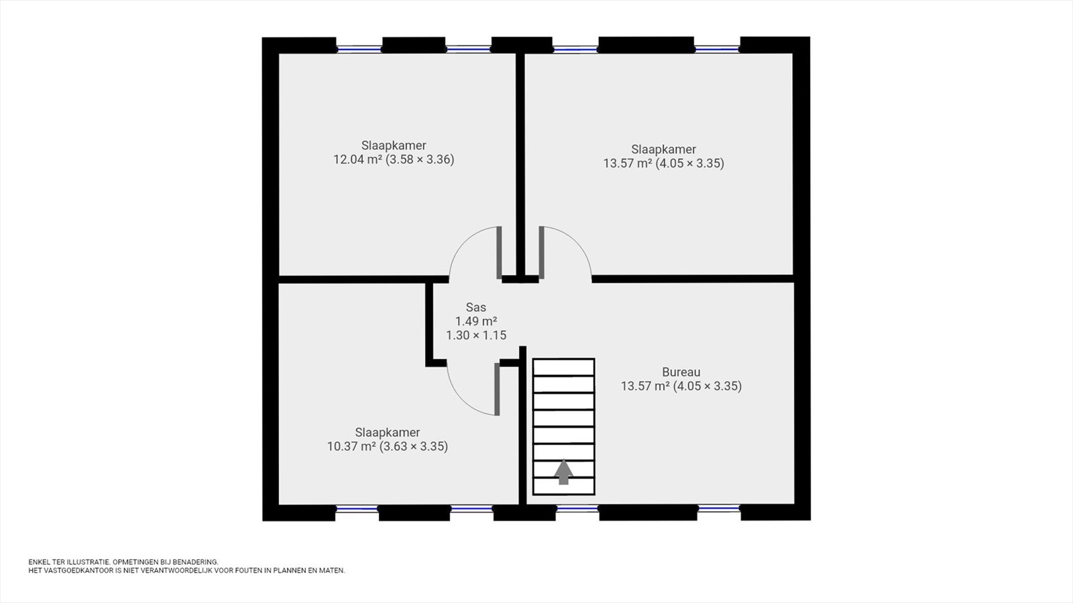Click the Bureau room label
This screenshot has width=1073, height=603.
[x=681, y=372]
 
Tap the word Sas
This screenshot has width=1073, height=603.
[x=476, y=308]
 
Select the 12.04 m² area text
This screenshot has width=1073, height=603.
[x=357, y=159]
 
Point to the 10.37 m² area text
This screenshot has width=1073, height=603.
[x=351, y=446]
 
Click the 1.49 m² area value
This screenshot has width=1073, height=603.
[x=476, y=321]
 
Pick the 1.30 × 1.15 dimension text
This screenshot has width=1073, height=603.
[x=476, y=335]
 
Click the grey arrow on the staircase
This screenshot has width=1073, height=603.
[x=564, y=472]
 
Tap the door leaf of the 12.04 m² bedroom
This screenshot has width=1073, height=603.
[x=499, y=252]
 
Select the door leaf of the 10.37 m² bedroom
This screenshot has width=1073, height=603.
[x=497, y=389]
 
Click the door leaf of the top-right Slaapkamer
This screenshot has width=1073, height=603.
[x=541, y=252]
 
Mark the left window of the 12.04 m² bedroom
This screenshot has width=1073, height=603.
[x=359, y=48]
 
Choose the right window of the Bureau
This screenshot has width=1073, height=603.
[x=719, y=509]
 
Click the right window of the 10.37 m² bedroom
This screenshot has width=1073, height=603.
[x=472, y=509]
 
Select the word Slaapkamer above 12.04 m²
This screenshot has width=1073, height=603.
[x=394, y=145]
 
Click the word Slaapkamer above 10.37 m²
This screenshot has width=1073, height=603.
[x=388, y=433]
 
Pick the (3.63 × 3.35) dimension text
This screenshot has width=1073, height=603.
[x=414, y=446]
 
